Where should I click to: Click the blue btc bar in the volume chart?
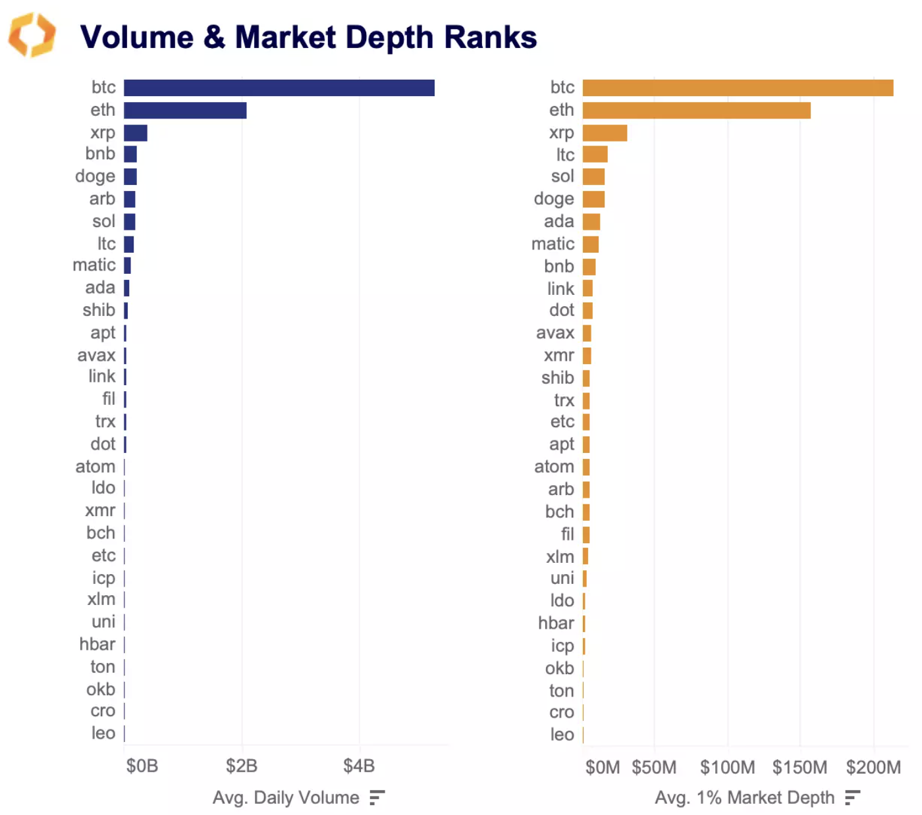coord(279,88)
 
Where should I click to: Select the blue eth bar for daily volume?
coord(185,111)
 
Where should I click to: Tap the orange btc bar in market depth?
coord(738,88)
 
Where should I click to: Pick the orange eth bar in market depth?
coord(696,111)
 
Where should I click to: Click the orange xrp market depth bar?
coord(605,133)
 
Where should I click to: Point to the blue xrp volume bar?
coord(136,133)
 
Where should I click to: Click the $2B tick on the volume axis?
coord(242,766)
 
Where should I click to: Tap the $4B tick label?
coord(359,766)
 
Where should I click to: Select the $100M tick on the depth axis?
coord(727,768)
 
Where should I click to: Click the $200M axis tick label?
coord(873,768)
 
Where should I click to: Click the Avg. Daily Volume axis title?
coord(286,798)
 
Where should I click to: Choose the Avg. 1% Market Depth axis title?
coord(744,798)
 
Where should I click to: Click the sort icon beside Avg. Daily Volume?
coord(377,798)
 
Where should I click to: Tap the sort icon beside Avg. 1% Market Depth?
coord(853,798)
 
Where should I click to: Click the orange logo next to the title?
coord(32,35)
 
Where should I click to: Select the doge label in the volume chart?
coord(95,176)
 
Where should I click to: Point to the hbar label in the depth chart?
coord(556,623)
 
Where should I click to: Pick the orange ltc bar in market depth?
coord(595,155)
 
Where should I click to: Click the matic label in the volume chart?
coord(94,265)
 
